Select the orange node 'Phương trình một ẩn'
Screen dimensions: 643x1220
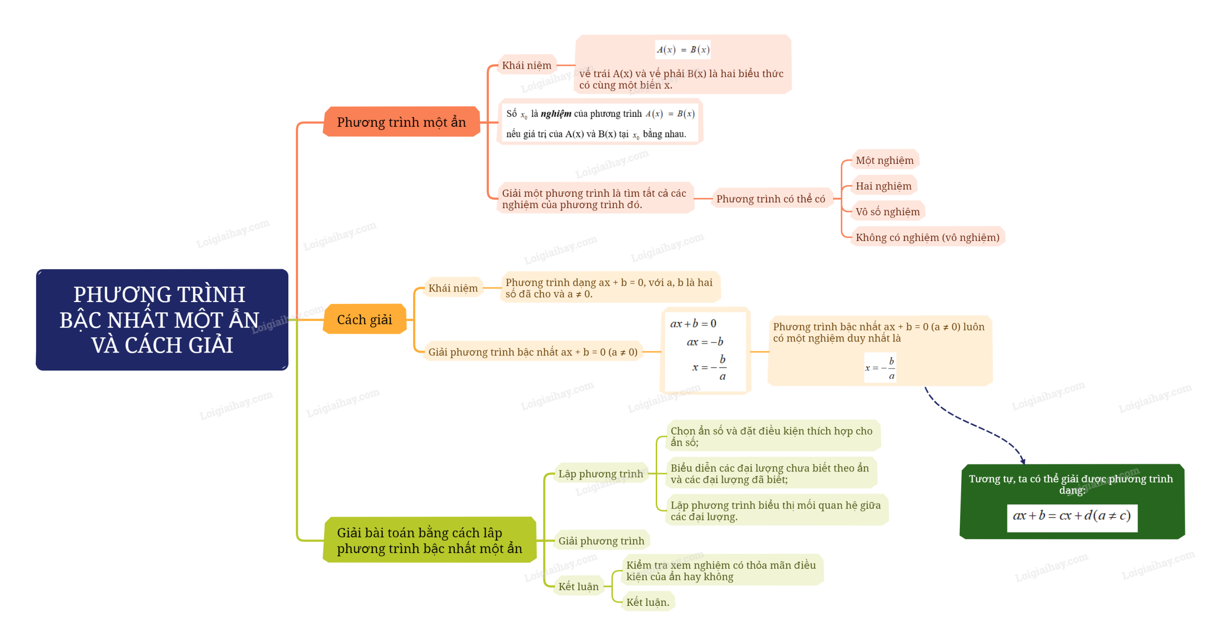401,122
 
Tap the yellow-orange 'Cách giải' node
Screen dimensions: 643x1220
364,319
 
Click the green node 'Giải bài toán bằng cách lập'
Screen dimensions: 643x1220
429,540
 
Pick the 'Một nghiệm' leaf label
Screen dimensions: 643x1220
884,160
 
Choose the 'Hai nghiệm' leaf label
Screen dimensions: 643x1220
883,186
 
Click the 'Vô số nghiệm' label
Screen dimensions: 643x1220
887,211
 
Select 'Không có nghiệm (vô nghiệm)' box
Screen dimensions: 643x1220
927,237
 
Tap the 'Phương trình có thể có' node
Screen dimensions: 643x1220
770,199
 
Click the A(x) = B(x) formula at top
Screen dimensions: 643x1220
682,50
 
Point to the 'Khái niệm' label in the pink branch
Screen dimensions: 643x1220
526,65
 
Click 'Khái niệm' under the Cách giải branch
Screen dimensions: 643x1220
453,288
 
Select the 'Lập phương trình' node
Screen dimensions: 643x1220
600,473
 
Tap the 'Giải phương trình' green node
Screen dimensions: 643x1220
601,541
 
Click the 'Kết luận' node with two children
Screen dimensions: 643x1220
578,586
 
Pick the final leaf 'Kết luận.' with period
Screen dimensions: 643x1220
647,602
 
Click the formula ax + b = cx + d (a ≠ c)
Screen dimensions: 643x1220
1071,516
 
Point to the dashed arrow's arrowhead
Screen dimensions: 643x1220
1022,461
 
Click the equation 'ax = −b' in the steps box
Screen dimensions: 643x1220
704,342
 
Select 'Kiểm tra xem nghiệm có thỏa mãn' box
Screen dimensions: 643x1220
721,570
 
